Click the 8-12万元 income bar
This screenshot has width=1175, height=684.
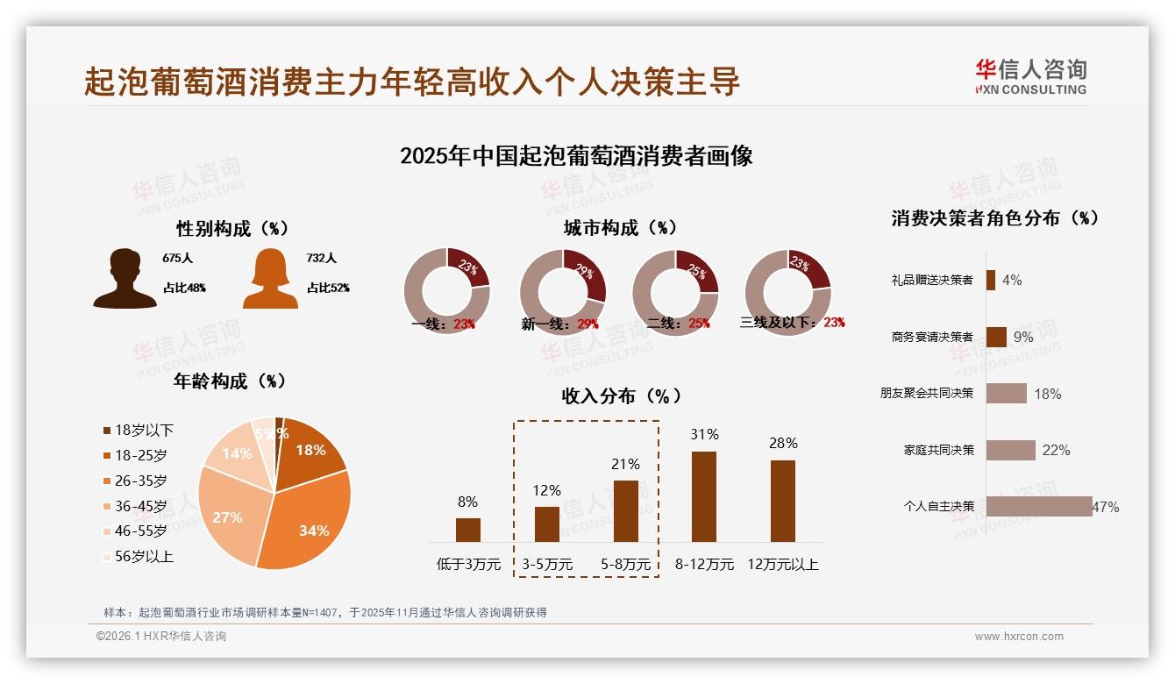tap(704, 496)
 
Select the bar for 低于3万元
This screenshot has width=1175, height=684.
tap(468, 530)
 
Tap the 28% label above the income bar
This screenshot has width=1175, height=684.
tap(783, 444)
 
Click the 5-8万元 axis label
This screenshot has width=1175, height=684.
tap(626, 565)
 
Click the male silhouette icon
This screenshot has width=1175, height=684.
tap(125, 279)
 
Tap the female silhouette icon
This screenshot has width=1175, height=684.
tap(270, 279)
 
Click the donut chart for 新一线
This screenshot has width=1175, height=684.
tap(562, 292)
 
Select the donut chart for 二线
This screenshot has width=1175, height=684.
tap(675, 292)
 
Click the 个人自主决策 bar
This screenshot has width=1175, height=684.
tap(1039, 506)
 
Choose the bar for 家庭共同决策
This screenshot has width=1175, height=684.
tap(1010, 450)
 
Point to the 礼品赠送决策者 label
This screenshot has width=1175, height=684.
tap(931, 281)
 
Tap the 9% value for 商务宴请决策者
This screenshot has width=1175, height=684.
tap(1022, 337)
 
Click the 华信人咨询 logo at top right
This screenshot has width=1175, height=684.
tap(1030, 76)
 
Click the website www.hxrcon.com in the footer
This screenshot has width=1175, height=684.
tap(1019, 637)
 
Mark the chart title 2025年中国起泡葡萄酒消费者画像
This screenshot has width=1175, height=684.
tap(576, 156)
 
